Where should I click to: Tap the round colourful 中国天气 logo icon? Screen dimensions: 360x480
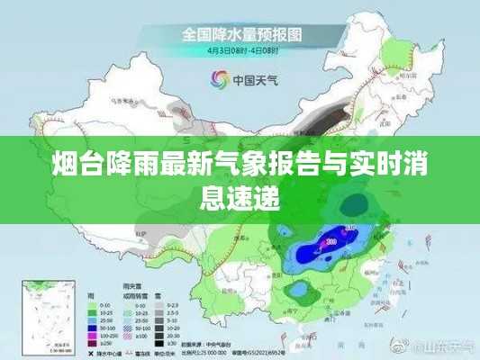pos(218,78)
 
